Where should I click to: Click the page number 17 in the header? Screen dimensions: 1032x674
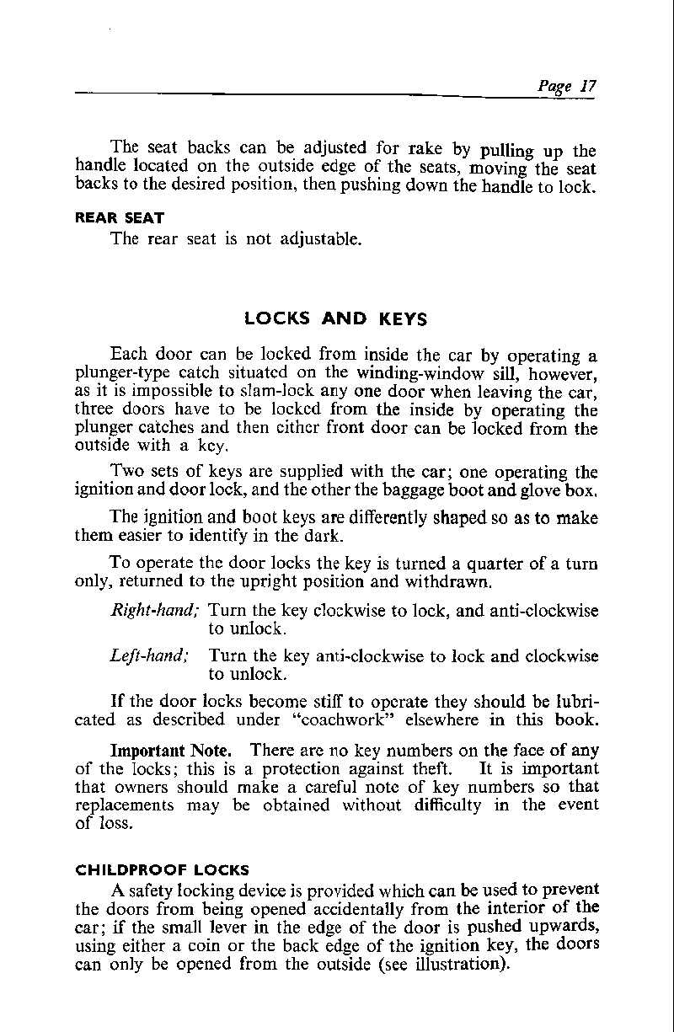588,86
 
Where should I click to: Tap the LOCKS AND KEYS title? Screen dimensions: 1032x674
335,319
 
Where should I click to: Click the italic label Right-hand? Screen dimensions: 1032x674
153,611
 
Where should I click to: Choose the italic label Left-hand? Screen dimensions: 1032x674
150,656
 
